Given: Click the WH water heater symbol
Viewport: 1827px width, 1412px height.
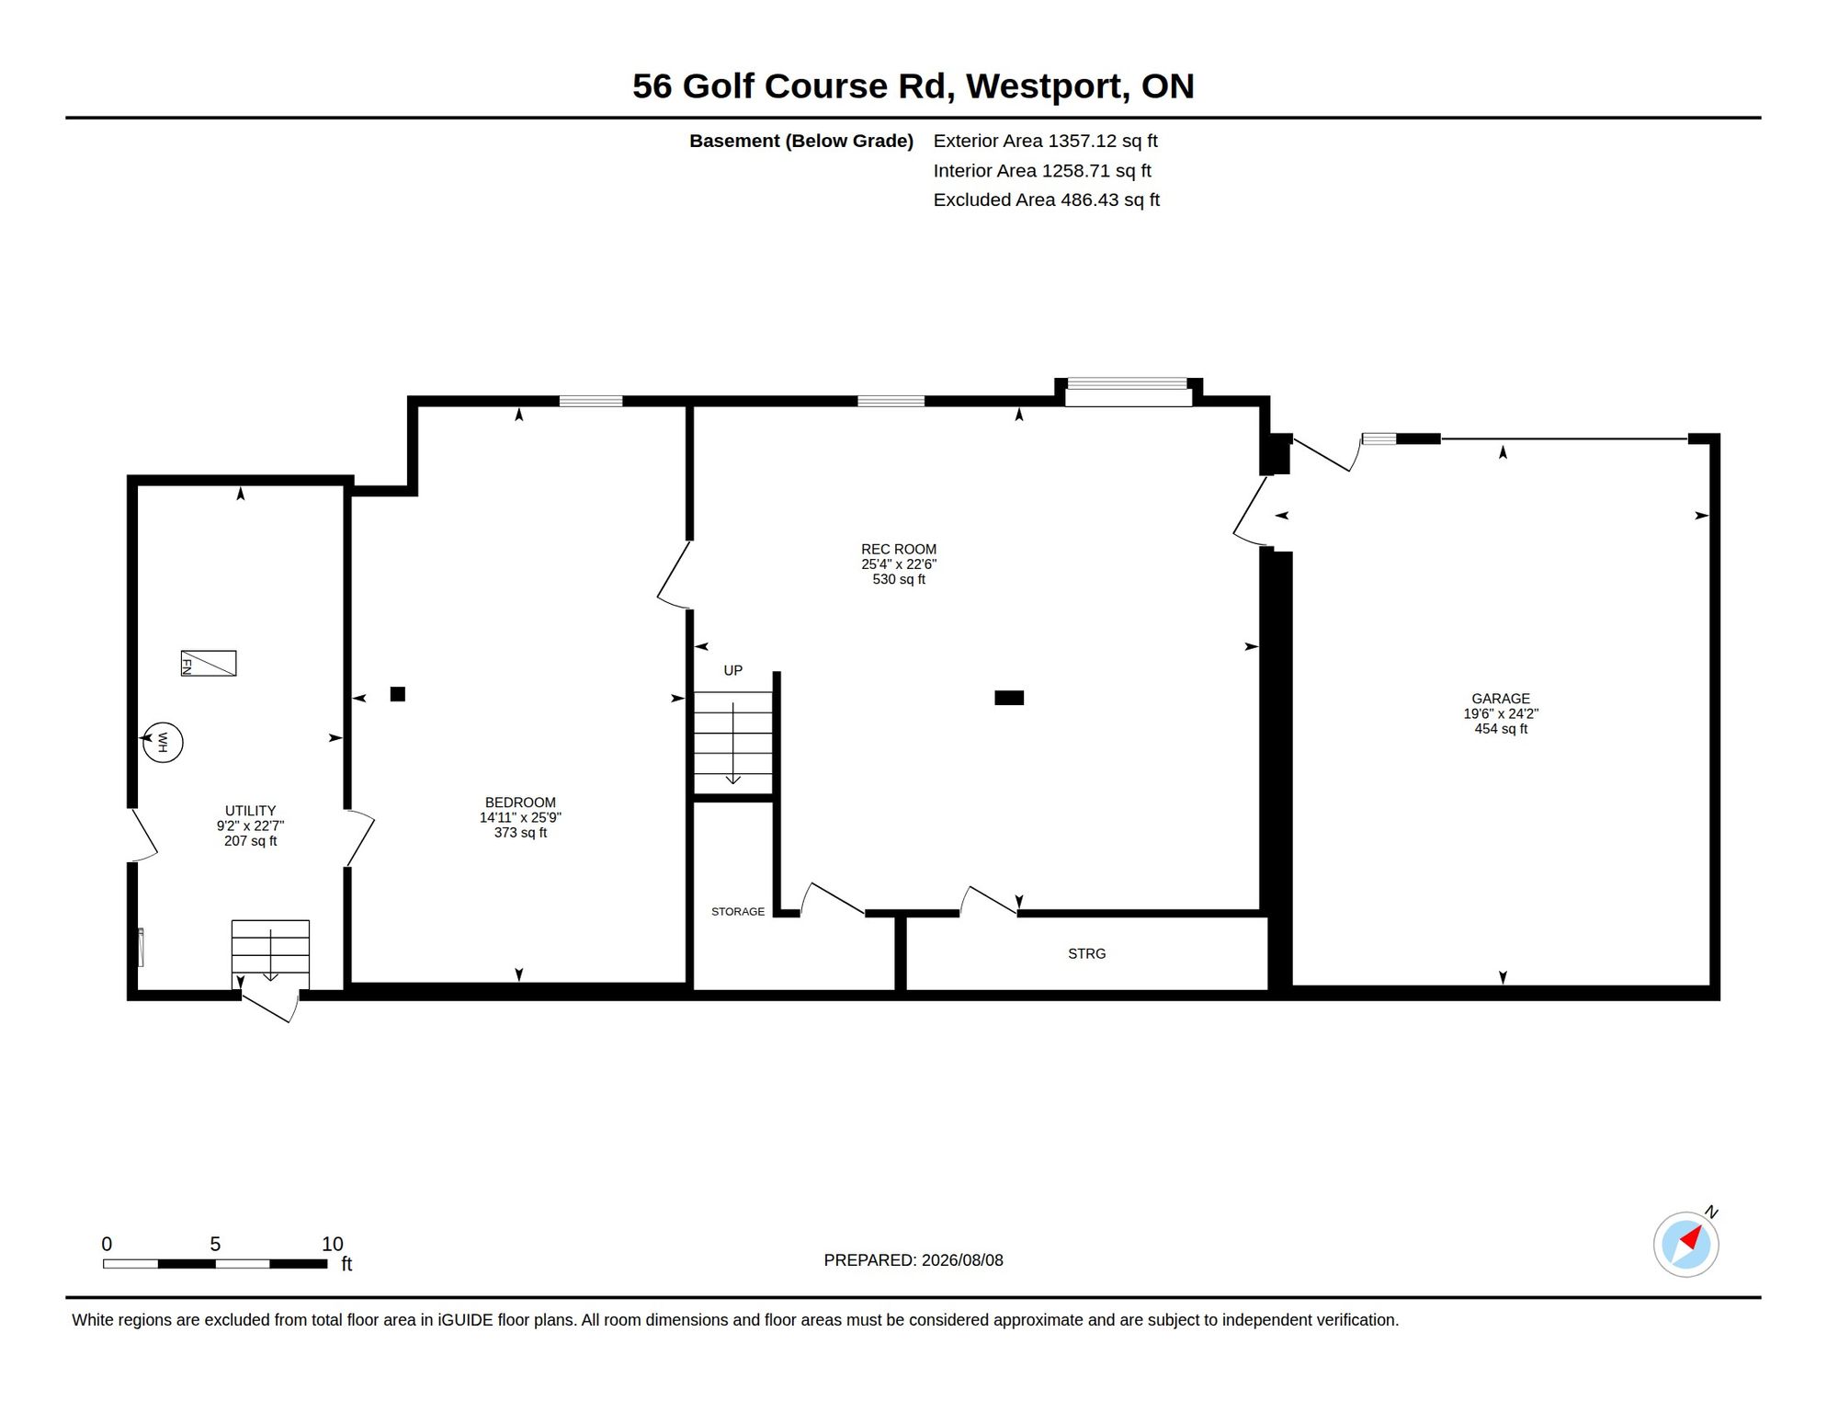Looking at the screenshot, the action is click(x=163, y=742).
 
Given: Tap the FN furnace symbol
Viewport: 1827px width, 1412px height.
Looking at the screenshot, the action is click(x=209, y=663).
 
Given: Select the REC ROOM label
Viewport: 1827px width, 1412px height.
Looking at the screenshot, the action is click(x=899, y=549).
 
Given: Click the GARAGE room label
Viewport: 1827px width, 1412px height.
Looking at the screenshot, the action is click(x=1501, y=699).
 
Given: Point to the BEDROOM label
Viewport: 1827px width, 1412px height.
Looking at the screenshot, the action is click(x=520, y=803).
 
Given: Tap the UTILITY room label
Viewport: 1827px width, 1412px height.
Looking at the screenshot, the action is click(x=250, y=811).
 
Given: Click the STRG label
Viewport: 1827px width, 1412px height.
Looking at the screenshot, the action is click(x=1086, y=953).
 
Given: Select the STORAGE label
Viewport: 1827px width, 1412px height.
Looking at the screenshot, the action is click(x=738, y=912).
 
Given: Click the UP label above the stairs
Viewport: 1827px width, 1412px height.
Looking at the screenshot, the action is click(x=732, y=670).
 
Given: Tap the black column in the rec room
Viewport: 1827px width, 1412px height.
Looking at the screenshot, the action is click(x=1009, y=698).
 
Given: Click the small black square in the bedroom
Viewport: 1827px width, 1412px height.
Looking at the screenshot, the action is click(x=398, y=694).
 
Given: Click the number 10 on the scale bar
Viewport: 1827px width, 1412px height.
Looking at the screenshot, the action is click(x=332, y=1244).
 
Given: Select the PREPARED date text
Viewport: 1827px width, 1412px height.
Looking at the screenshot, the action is click(x=913, y=1260).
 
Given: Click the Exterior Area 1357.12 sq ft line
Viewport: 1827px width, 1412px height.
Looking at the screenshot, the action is click(x=1045, y=141).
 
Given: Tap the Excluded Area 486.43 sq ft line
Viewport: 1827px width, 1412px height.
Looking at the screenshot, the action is click(x=1047, y=199).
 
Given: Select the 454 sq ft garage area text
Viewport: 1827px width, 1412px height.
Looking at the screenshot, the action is click(x=1501, y=729).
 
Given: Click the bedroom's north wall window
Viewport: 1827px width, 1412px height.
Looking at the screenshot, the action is click(x=591, y=401).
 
